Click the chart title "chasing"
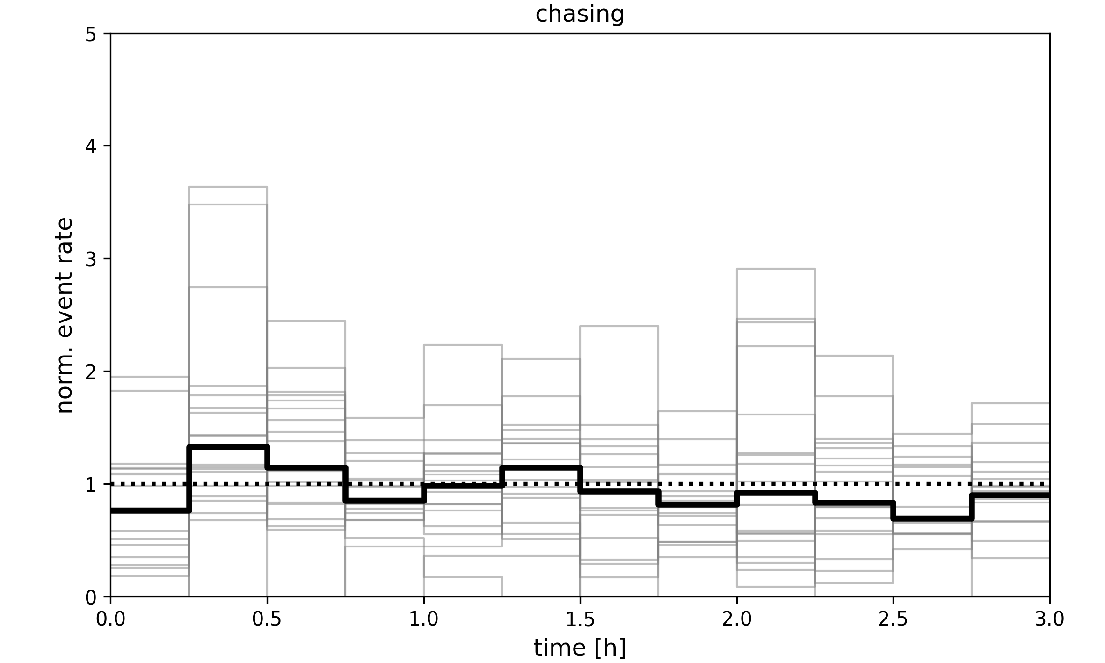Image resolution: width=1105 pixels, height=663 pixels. coord(580,14)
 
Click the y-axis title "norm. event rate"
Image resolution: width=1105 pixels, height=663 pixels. coord(65,315)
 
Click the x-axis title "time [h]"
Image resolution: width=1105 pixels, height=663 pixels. coord(580,648)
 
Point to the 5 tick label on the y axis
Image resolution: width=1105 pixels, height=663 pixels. coord(91,35)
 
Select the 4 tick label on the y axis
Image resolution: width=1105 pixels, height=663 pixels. coord(91,147)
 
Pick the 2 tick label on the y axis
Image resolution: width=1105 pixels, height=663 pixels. coord(91,372)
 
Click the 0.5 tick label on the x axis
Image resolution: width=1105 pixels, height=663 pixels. coord(267,619)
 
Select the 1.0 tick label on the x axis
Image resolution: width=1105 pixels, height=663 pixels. coord(423,619)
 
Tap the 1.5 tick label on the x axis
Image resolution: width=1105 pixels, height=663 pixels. coord(580,619)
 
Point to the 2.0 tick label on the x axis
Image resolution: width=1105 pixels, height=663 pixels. coord(736,619)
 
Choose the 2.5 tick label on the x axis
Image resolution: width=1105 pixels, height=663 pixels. coord(893,619)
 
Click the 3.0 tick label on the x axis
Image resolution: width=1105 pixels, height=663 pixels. coord(1049,619)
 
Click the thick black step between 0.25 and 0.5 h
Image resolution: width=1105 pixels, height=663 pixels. coord(228,447)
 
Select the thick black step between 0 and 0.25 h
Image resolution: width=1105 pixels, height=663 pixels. coord(150,510)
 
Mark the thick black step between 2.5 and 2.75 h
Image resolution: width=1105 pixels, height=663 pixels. coord(932,518)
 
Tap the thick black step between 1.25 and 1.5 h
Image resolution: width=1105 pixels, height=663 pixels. coord(540,467)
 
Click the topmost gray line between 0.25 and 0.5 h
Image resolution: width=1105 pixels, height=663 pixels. coord(228,187)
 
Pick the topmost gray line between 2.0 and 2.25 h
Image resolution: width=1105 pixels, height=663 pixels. coord(776,269)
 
